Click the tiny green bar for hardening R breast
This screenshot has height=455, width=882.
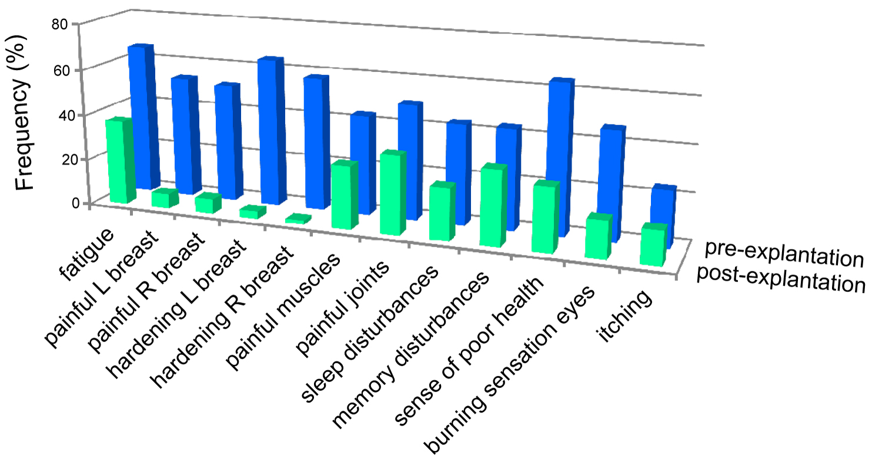pos(298,219)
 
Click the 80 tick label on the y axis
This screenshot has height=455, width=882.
pos(61,24)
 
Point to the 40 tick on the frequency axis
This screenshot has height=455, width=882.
pos(61,114)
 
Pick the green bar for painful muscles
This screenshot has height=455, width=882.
pos(342,195)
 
